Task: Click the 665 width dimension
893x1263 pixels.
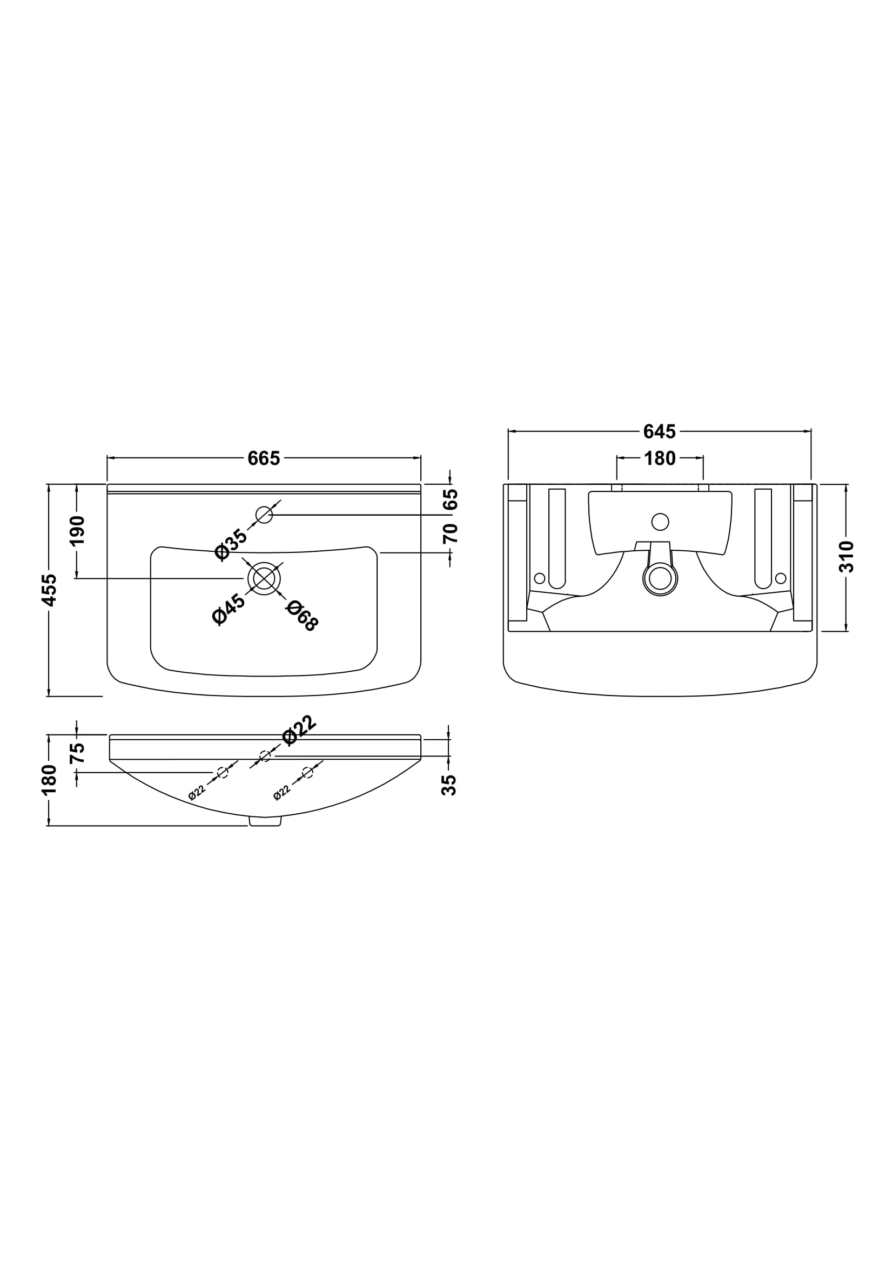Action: (264, 458)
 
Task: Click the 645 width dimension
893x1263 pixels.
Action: (659, 432)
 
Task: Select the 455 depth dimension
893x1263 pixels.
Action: (50, 590)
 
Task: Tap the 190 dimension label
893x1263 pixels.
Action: (77, 530)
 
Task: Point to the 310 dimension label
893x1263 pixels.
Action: (846, 557)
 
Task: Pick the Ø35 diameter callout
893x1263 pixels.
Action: (231, 544)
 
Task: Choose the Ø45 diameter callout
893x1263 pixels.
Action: (229, 609)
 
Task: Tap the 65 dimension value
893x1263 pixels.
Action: (450, 499)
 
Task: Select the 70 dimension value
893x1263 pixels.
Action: (450, 533)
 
